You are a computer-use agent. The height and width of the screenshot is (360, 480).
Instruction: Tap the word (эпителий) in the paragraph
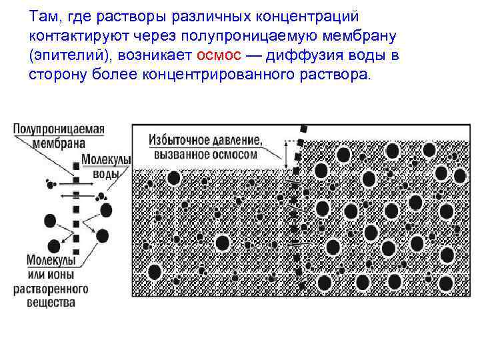tap(66, 55)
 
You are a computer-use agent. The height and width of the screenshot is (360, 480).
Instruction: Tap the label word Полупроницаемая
tap(59, 129)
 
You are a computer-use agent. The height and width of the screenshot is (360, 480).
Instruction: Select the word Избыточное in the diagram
tap(180, 141)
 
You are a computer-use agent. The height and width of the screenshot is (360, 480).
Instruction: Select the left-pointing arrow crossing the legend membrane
tap(75, 195)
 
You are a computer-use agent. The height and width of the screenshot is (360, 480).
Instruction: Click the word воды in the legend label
tap(105, 175)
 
